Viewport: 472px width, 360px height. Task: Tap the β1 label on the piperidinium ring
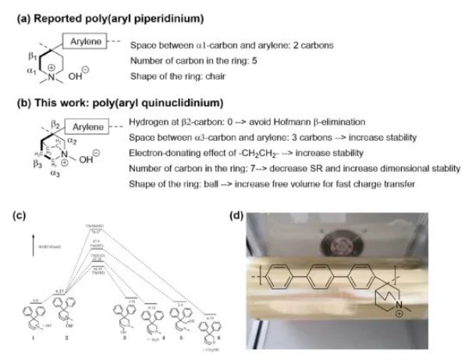32,57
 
